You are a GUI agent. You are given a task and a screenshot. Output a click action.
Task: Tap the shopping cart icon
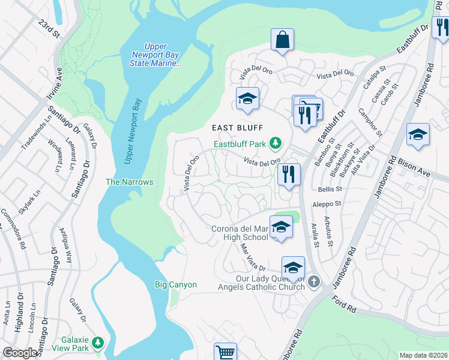tap(225, 352)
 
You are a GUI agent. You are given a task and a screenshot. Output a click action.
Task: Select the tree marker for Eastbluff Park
tap(275, 143)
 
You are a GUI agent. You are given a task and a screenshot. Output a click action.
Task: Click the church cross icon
tap(313, 281)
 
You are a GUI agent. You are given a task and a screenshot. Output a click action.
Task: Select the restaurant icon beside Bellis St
tap(289, 175)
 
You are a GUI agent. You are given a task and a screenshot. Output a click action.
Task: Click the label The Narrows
tap(130, 182)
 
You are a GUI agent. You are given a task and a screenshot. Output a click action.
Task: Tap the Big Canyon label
tap(175, 284)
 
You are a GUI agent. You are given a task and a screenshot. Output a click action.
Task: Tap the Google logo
tap(20, 353)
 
